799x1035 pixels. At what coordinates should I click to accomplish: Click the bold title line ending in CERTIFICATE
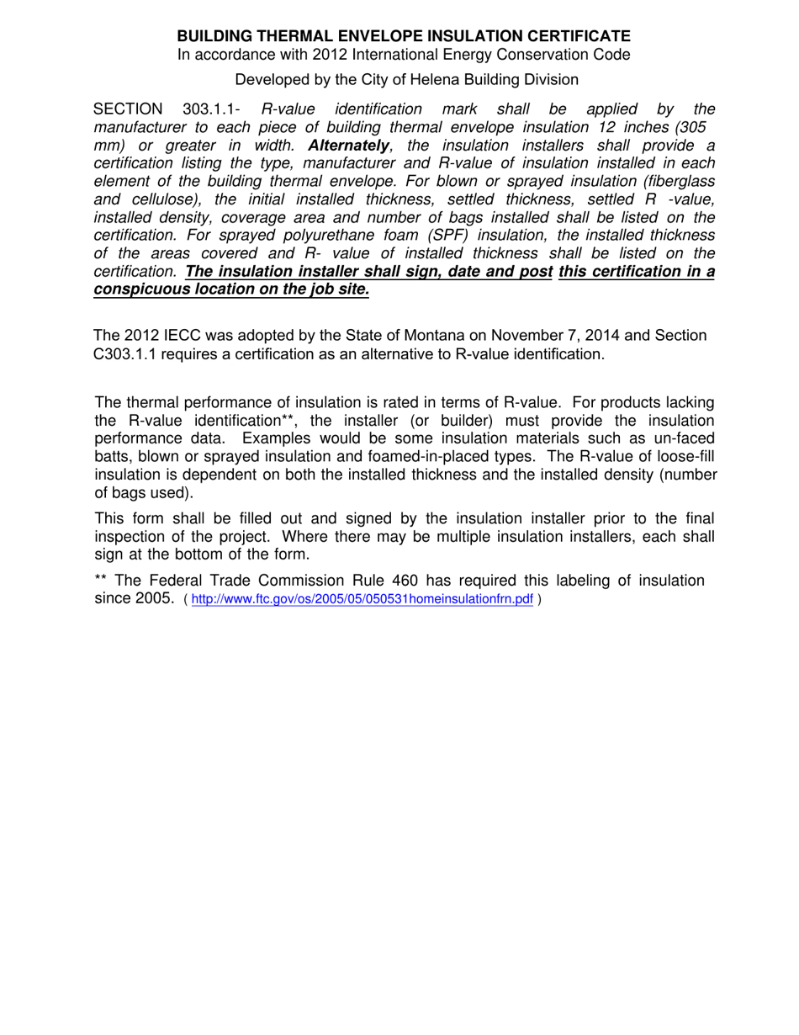click(x=403, y=36)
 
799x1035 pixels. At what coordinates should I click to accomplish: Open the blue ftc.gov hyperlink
click(x=362, y=600)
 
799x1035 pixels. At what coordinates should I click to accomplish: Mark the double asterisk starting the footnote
click(x=102, y=580)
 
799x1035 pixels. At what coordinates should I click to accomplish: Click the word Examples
click(x=274, y=438)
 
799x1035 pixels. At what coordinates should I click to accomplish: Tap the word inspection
click(x=132, y=536)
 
